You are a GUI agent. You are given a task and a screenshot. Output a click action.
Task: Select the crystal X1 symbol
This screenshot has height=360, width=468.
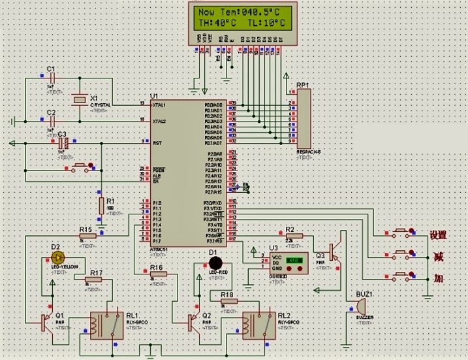point(79,99)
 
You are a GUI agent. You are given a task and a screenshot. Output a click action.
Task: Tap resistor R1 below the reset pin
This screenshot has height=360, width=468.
point(101,206)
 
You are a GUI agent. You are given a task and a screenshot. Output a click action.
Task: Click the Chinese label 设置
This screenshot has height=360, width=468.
point(438,235)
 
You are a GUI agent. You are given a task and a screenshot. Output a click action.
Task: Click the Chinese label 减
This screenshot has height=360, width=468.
point(439,256)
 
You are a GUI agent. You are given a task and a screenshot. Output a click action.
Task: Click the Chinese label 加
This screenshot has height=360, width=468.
point(439,278)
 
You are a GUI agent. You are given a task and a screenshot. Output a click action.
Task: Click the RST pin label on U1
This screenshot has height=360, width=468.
point(157,142)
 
